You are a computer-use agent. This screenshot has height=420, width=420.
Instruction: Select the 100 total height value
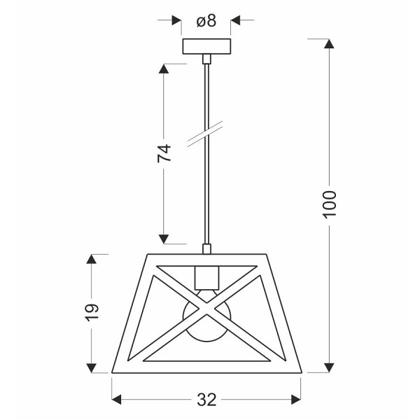[330, 203]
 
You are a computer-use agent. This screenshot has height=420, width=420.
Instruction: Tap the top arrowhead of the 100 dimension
[330, 44]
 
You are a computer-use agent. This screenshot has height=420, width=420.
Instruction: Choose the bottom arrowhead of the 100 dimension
[330, 367]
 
